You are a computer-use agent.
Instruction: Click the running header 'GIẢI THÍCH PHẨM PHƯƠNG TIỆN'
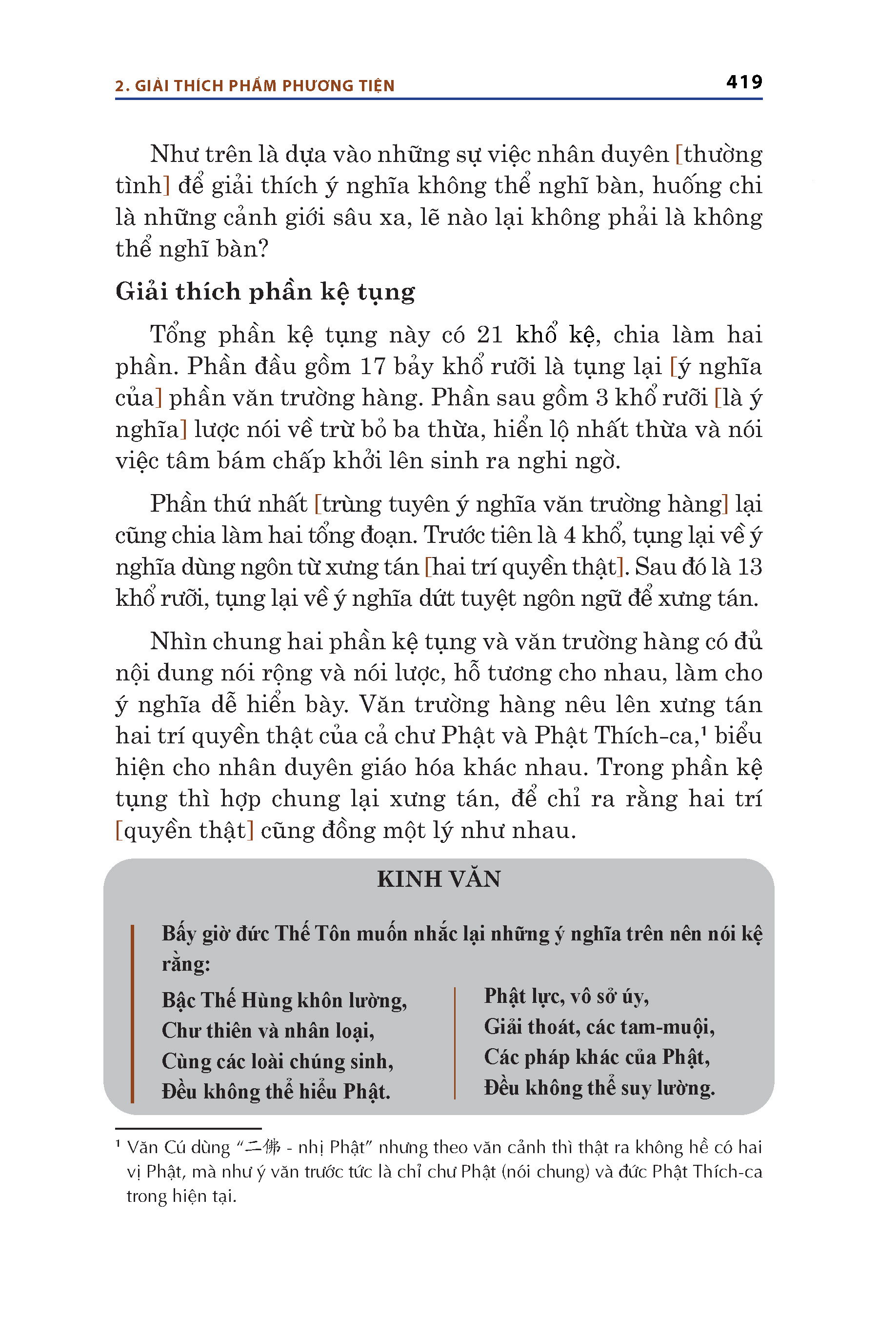(264, 86)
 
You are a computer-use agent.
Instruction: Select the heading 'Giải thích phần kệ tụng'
(265, 292)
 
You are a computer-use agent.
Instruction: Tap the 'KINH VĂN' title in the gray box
(439, 879)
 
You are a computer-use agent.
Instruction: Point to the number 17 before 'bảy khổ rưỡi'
(372, 366)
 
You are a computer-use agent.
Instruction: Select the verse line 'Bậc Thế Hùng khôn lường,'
(284, 999)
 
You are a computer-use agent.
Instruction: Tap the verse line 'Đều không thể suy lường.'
(599, 1087)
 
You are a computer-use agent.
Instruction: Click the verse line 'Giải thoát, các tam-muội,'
(599, 1026)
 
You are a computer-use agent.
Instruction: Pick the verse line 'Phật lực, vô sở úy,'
(566, 996)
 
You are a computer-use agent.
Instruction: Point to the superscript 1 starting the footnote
(118, 1144)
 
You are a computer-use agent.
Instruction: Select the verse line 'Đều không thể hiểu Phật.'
(276, 1091)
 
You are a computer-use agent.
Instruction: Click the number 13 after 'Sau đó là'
(749, 567)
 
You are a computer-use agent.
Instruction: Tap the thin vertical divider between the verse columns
(455, 1043)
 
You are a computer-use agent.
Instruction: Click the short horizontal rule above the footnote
(188, 1128)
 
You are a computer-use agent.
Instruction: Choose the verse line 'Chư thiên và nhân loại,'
(268, 1030)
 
